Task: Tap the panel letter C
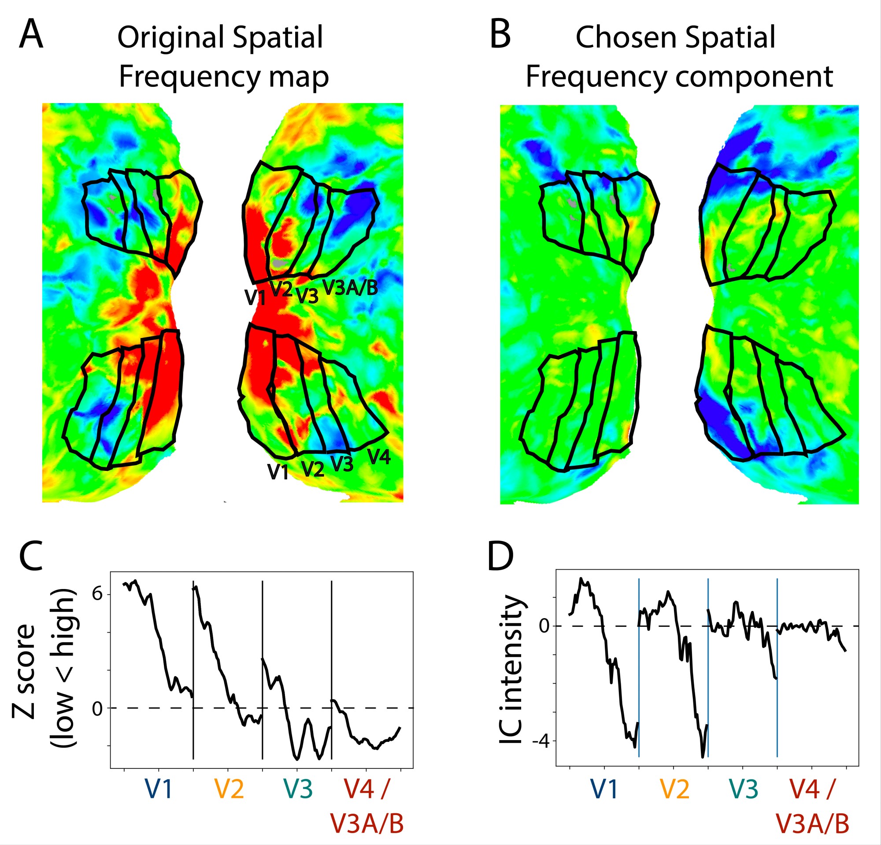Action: coord(30,556)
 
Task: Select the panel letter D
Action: coord(501,556)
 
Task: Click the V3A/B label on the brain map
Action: coord(350,287)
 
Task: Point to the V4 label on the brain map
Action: coord(379,457)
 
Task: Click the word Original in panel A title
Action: coord(171,38)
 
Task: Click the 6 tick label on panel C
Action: coord(97,594)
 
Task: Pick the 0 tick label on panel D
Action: coord(544,626)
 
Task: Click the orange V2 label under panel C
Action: coord(229,789)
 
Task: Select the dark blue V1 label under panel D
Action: coord(604,789)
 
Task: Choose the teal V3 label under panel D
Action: coord(744,789)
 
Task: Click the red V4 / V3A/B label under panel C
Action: coord(367,807)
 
